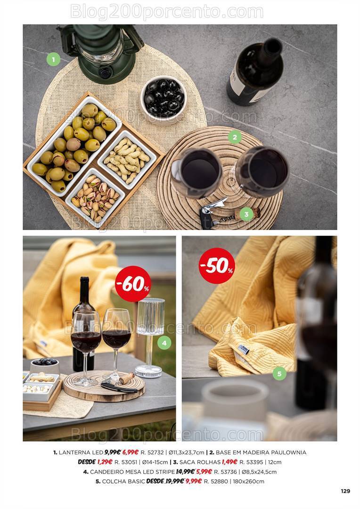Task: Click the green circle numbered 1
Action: pos(53,59)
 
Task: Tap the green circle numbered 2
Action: pos(235,137)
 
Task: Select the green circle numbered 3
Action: pos(246,214)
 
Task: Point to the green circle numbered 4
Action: pos(164,343)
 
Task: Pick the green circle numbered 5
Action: pos(279,373)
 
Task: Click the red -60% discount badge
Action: pos(133,284)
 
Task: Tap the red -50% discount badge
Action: pos(217,266)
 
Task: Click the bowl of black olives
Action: pos(164,99)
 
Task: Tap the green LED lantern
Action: pos(100,51)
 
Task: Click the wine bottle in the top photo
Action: pos(255,72)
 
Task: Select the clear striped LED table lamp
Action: pos(150,337)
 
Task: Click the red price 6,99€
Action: pos(131,452)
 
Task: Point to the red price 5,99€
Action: pos(204,472)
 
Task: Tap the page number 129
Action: pos(346,491)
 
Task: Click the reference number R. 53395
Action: pos(251,462)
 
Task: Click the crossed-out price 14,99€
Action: pos(185,472)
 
